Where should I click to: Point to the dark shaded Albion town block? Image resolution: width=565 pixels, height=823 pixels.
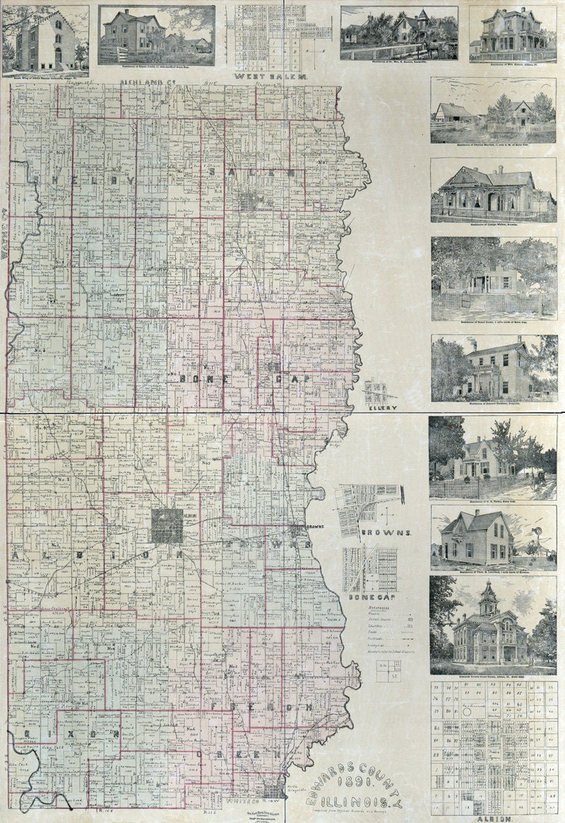tap(166, 526)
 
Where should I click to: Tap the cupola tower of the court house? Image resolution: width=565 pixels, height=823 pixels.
tap(489, 598)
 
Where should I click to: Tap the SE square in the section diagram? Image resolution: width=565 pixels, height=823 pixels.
tap(398, 675)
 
